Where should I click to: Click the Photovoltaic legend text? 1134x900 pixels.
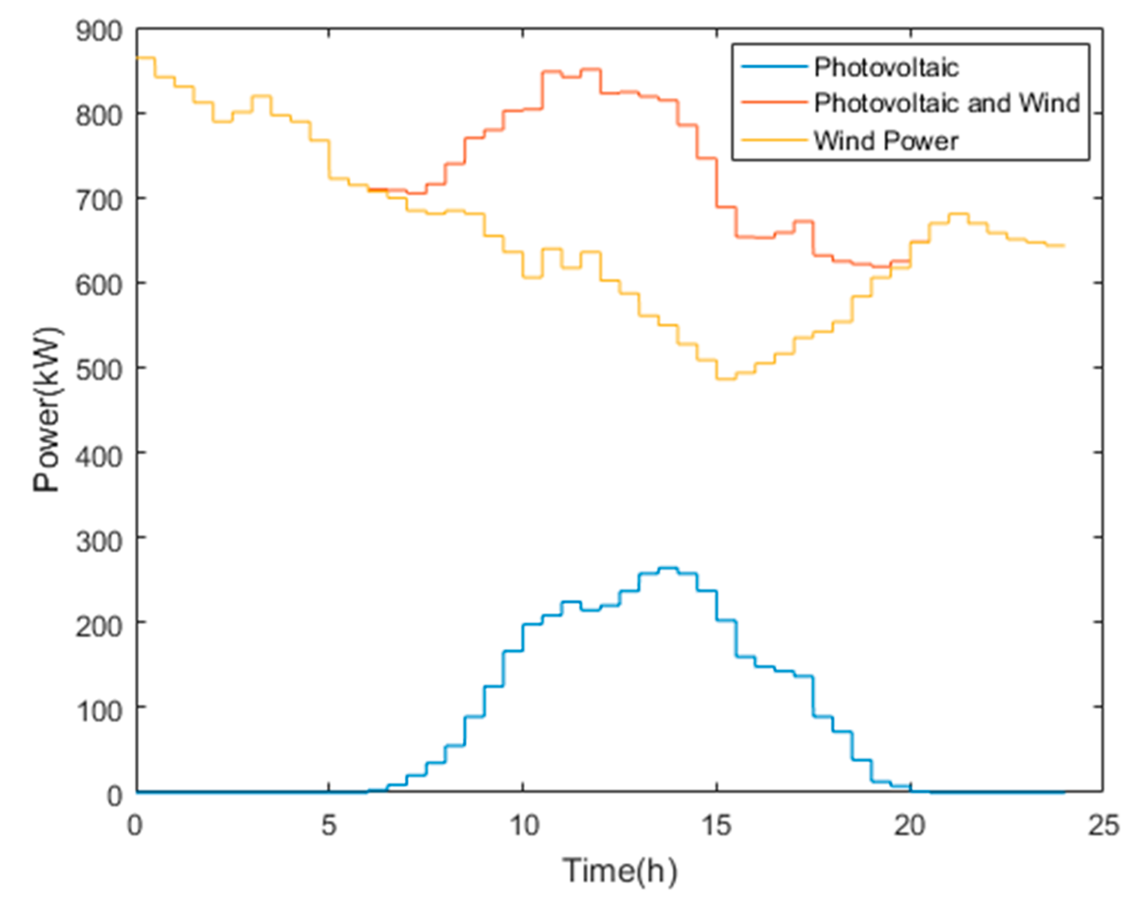click(x=886, y=67)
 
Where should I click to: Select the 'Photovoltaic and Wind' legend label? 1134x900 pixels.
click(x=947, y=103)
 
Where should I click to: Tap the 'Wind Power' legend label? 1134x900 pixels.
click(x=886, y=141)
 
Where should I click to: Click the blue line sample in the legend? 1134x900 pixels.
click(x=774, y=67)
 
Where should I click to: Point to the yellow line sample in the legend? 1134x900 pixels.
click(x=774, y=140)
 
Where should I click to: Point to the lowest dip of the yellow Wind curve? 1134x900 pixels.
click(x=726, y=379)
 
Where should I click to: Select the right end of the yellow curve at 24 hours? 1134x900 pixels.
click(x=1064, y=246)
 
